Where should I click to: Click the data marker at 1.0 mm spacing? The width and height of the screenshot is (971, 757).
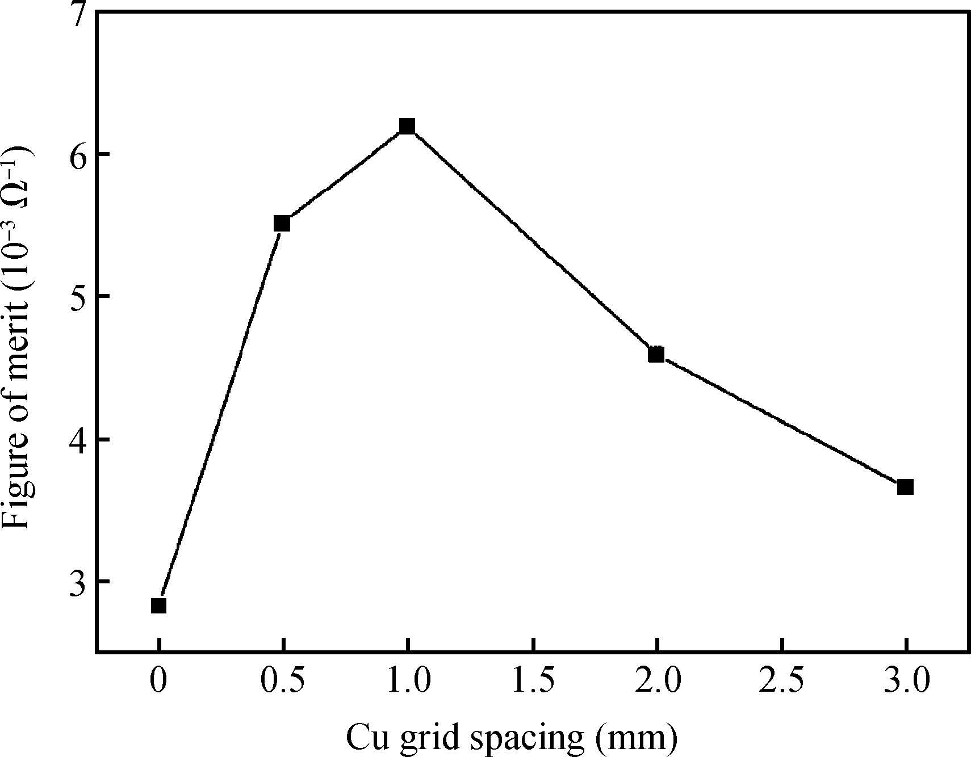pyautogui.click(x=407, y=126)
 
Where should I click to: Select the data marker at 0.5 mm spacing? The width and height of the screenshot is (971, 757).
pyautogui.click(x=282, y=224)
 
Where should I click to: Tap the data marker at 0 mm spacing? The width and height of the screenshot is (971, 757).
pyautogui.click(x=158, y=606)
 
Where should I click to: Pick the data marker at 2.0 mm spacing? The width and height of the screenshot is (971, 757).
pyautogui.click(x=656, y=355)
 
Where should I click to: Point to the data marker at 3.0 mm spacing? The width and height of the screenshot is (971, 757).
pyautogui.click(x=905, y=487)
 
